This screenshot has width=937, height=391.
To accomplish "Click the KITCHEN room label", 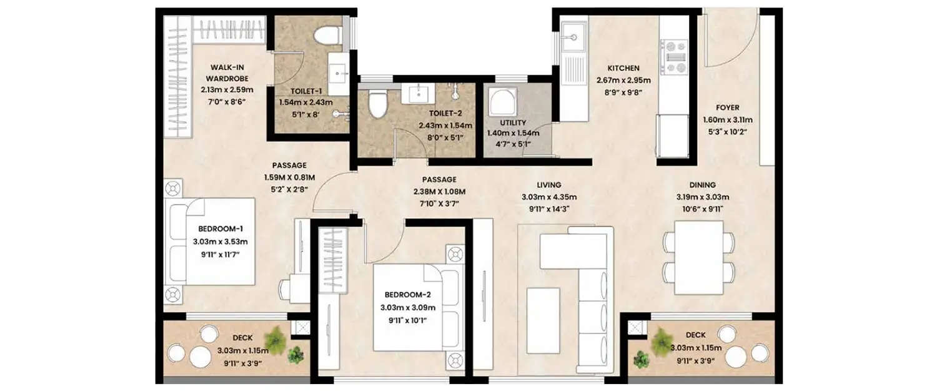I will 623,68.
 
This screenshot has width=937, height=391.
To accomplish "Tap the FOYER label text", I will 710,108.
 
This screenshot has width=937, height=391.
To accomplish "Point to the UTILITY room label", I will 512,123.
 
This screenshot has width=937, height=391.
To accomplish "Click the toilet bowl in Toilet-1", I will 326,36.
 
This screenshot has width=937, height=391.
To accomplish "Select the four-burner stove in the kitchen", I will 673,58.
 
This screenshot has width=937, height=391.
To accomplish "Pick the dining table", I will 698,257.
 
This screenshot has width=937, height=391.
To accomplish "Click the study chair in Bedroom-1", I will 289,290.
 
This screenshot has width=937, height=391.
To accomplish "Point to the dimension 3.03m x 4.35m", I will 541,196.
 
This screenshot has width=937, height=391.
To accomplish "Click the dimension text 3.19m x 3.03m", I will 703,196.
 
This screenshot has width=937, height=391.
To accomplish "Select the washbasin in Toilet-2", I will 419,94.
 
